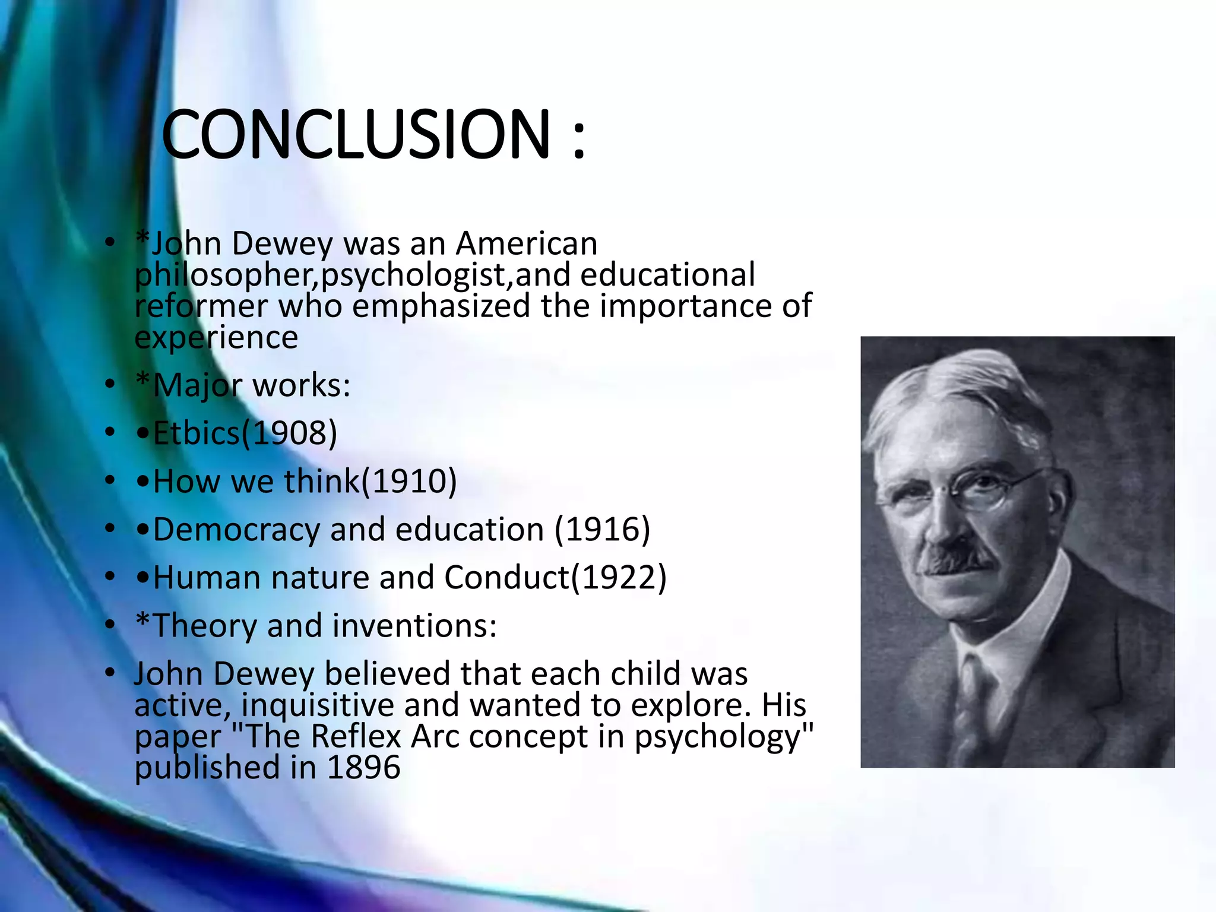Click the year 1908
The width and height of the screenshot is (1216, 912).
pos(290,433)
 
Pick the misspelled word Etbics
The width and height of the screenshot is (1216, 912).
pos(196,433)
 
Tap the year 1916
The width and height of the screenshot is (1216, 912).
pos(603,529)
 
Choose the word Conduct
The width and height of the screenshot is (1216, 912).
pos(506,577)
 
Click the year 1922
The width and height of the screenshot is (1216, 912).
pos(619,577)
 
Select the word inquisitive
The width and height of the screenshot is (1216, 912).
pos(318,705)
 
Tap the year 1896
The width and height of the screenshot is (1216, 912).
pos(363,768)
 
